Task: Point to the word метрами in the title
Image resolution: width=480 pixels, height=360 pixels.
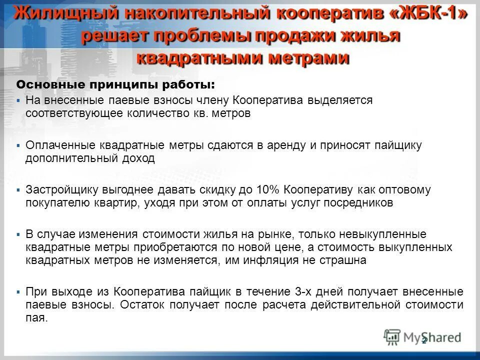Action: [310, 57]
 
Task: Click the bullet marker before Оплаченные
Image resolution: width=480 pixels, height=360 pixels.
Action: [18, 145]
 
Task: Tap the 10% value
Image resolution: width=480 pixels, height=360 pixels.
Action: [268, 190]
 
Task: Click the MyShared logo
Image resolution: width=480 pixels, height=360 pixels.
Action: [422, 337]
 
